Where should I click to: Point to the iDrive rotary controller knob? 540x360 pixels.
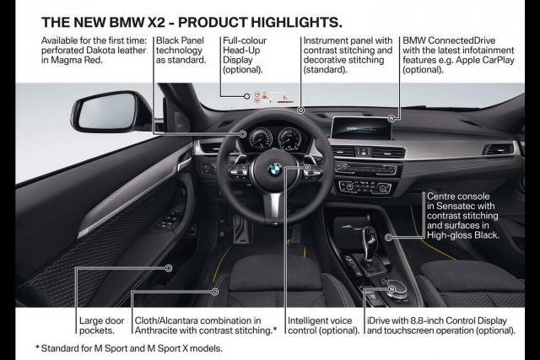click(397, 287)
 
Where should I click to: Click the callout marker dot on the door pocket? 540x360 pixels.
click(170, 268)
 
